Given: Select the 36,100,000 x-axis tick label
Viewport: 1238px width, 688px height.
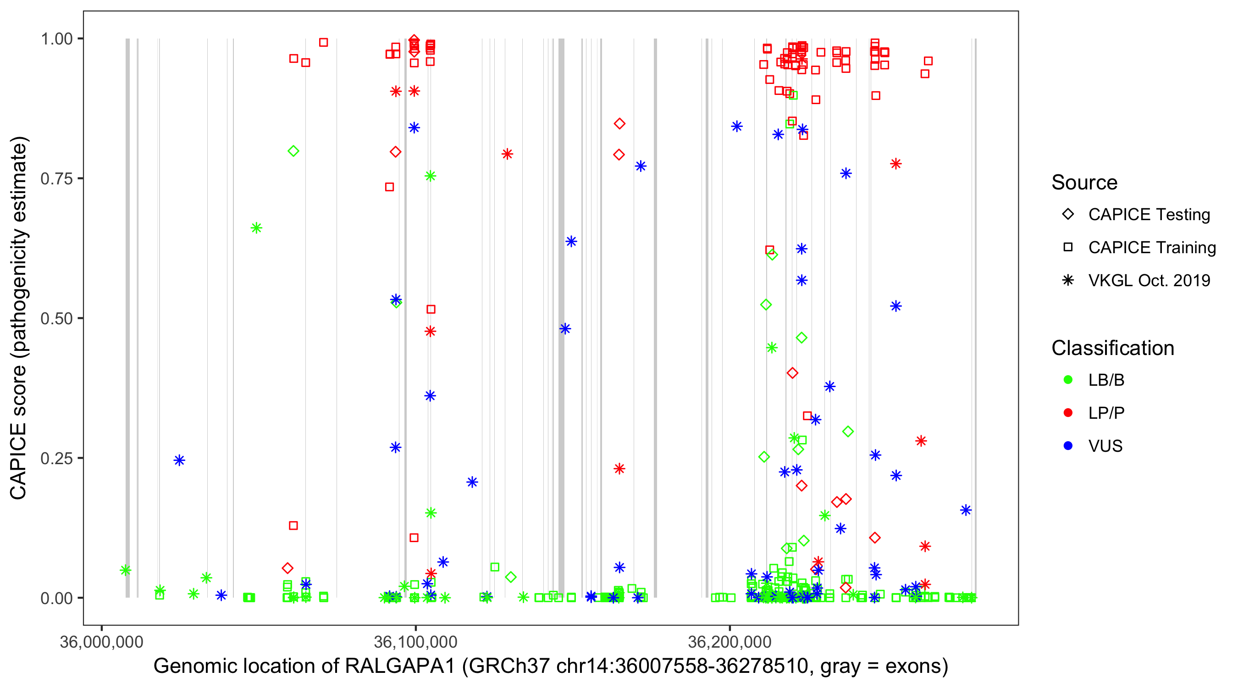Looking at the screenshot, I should pos(415,641).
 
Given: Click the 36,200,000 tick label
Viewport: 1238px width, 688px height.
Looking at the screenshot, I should pos(730,641).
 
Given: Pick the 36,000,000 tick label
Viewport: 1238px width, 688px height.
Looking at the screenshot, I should pos(101,641).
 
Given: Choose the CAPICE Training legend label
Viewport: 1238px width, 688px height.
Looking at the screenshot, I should pos(1151,248).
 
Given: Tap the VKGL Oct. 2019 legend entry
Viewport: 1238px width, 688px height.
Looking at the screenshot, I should pos(1149,280).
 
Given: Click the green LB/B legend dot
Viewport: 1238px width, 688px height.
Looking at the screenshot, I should pos(1068,380).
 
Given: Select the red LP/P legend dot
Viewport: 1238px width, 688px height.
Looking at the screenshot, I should pos(1068,413).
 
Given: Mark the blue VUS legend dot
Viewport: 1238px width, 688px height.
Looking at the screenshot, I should pos(1068,446).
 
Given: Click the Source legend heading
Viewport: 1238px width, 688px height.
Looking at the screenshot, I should pos(1084,183).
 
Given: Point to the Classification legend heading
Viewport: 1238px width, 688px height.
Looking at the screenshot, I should pos(1112,348).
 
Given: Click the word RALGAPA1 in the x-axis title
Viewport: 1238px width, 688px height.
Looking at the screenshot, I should pos(400,666).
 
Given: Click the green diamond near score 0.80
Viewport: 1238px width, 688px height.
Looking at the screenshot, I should pos(293,151).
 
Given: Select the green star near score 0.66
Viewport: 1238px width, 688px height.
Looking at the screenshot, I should pos(256,228).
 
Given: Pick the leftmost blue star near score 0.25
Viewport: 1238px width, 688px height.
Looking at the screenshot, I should pos(179,461).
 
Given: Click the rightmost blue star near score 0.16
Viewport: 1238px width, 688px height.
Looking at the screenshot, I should pos(966,510).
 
